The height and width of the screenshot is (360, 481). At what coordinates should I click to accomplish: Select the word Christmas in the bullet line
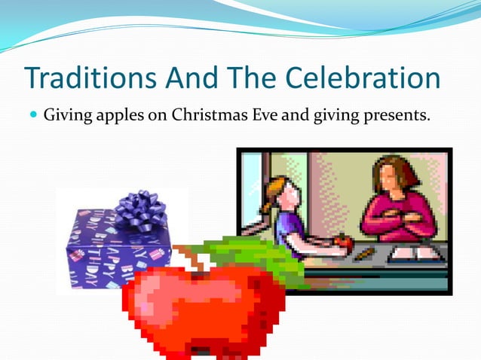[207, 117]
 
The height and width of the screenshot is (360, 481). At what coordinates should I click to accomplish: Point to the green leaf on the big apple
[249, 252]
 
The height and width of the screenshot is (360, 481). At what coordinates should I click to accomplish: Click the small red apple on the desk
[344, 241]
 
